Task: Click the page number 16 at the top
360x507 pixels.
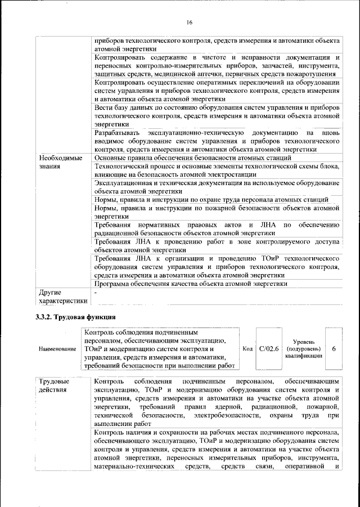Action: [x=190, y=22]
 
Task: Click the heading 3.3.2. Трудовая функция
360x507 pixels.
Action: [x=75, y=317]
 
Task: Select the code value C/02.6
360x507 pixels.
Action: [x=268, y=349]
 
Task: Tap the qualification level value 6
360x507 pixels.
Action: [x=334, y=349]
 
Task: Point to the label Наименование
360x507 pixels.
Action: [x=57, y=349]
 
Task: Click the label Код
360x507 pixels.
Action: [x=247, y=349]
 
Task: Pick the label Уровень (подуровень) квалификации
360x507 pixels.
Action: [x=303, y=348]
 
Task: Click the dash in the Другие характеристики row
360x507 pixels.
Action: [x=96, y=293]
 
